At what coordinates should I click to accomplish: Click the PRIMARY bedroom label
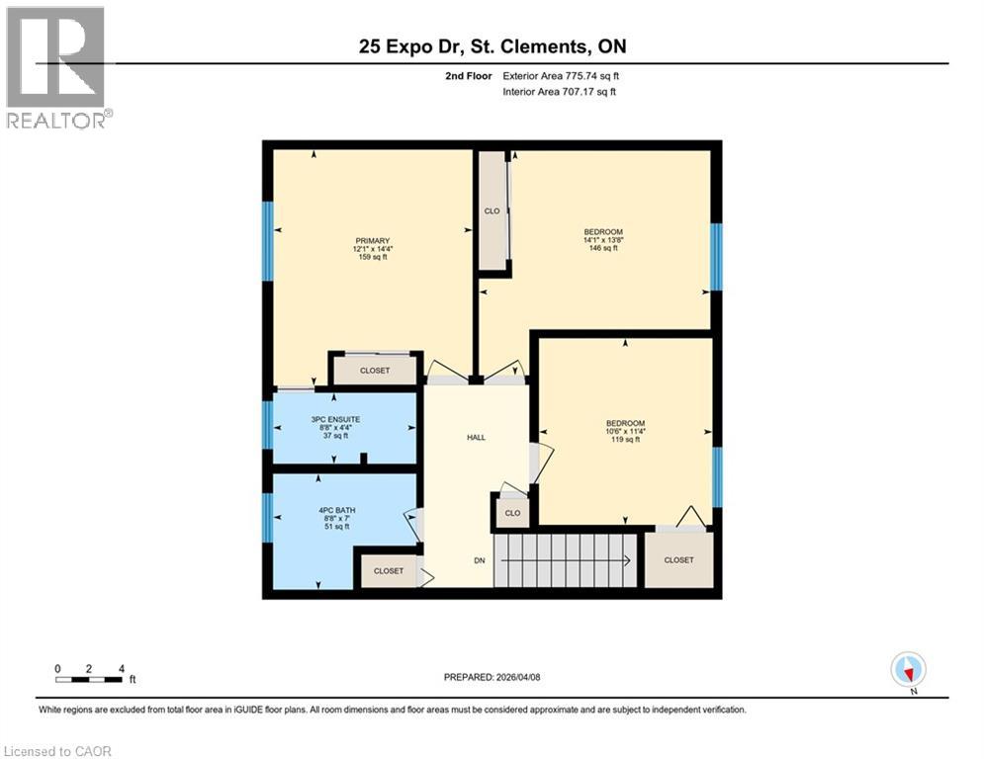tap(373, 241)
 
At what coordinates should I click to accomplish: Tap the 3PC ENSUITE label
tap(335, 419)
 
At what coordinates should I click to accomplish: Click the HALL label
tap(476, 437)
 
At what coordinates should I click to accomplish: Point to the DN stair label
tap(479, 560)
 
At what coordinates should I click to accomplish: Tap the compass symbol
tap(907, 669)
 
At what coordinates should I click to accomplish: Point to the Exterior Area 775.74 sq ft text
tap(561, 75)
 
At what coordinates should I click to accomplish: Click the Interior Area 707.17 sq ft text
tap(559, 92)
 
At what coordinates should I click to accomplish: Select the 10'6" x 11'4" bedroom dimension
tap(625, 432)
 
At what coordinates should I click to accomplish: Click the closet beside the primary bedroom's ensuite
tap(374, 371)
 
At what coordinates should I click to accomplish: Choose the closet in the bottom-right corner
tap(678, 560)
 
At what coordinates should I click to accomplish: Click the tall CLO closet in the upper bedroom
tap(492, 211)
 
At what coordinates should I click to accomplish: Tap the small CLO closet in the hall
tap(511, 513)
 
